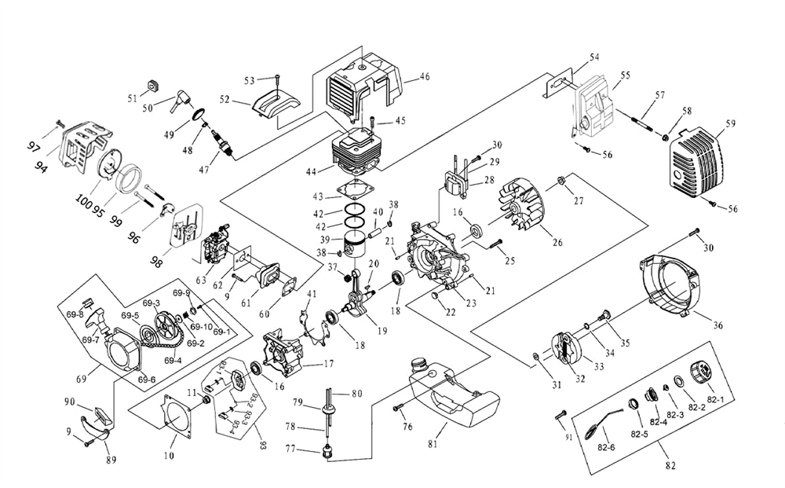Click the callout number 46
click(x=425, y=77)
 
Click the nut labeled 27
click(x=562, y=182)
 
